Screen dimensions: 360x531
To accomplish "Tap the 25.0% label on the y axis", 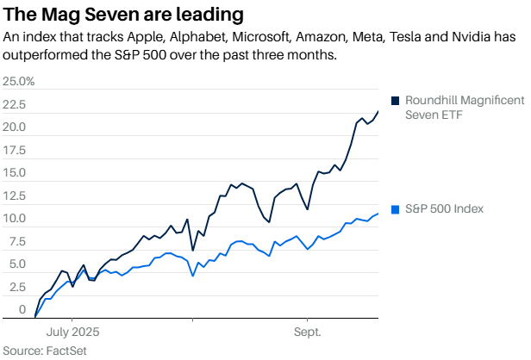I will (x=19, y=82).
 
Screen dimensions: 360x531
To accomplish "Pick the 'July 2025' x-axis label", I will (x=72, y=331).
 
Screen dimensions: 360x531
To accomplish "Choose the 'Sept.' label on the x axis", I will (x=308, y=331).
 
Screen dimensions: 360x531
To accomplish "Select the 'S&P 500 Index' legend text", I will (x=444, y=209).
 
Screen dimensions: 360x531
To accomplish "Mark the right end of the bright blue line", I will (x=378, y=214).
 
